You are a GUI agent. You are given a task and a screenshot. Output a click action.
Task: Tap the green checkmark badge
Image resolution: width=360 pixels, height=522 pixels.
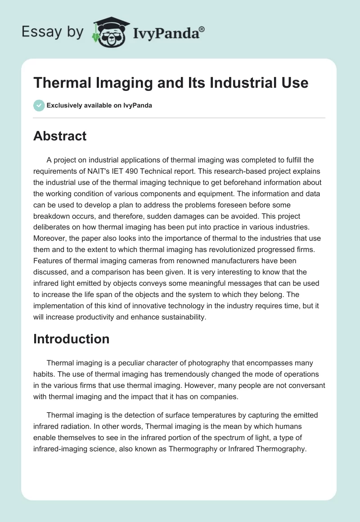39,106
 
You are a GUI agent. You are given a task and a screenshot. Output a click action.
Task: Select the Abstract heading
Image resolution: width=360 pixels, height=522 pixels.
60,136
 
